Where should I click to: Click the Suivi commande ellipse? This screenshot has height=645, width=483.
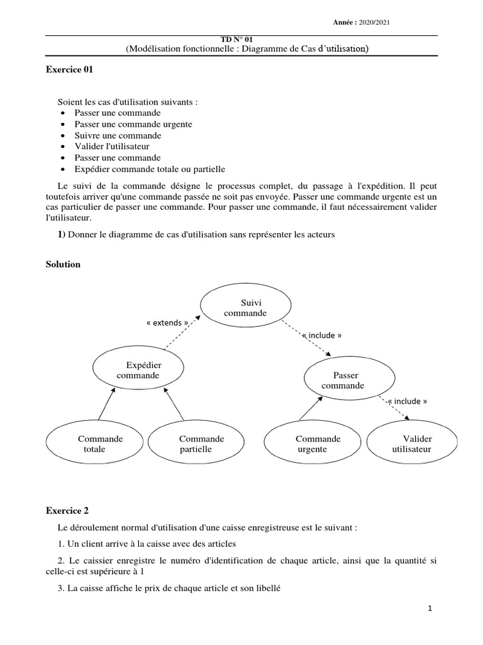pos(245,308)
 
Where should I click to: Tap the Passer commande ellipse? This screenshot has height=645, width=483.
pos(350,380)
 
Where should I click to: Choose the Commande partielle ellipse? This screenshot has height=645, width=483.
pos(196,443)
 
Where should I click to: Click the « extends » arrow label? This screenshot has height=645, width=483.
pos(167,322)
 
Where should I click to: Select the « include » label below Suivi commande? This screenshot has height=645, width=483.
pos(322,335)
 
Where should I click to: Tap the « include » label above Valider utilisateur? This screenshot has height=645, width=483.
pos(408,401)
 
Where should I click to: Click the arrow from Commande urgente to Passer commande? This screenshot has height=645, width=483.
pos(311,408)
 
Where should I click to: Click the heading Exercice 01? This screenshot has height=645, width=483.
pos(69,71)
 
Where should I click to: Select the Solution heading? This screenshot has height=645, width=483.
pos(63,265)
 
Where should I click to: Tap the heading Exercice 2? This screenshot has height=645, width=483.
pos(67,510)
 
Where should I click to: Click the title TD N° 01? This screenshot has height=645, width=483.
pos(242,39)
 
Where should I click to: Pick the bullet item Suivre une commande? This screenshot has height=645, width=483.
pos(118,135)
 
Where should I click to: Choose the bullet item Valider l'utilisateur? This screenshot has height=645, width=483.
pos(112,147)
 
